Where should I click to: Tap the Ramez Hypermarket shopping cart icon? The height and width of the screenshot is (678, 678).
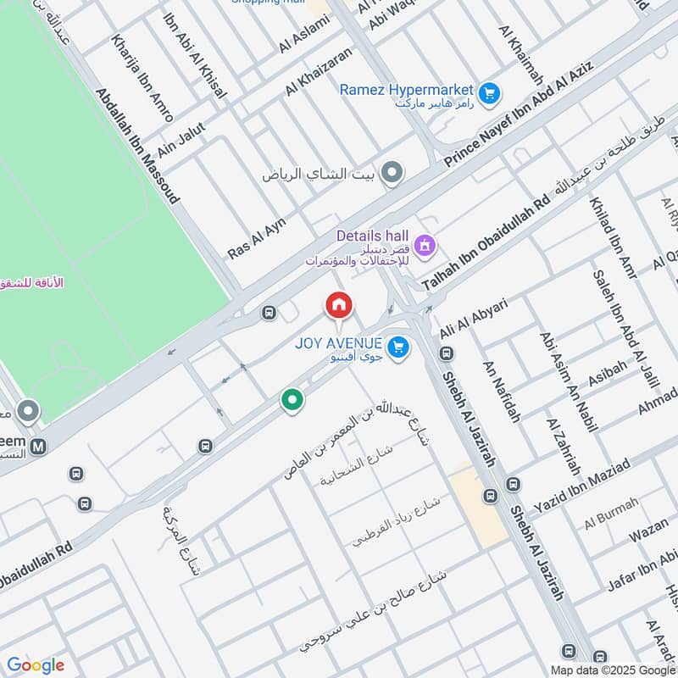(488, 94)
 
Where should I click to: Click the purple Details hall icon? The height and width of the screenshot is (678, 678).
(425, 246)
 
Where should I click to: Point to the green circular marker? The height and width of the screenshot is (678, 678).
(292, 399)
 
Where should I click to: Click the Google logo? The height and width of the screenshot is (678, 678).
(36, 665)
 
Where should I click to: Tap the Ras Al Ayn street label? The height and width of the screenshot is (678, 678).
(257, 238)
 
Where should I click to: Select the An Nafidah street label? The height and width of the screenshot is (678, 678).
(500, 391)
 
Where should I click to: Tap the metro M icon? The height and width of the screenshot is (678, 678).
(37, 446)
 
